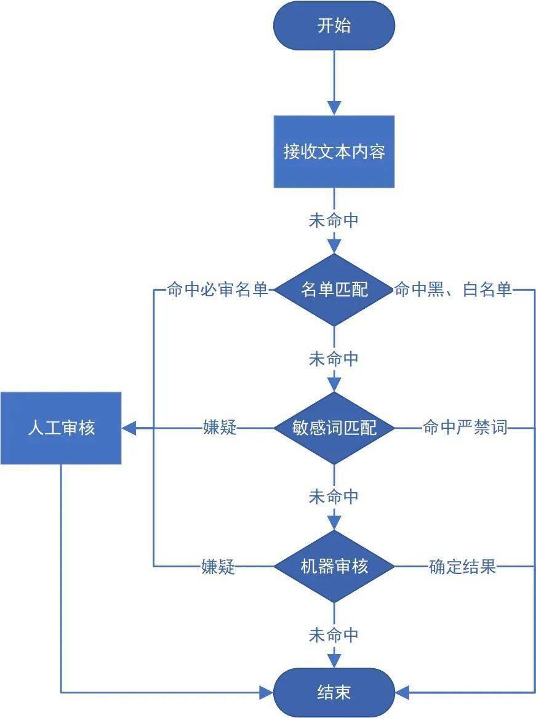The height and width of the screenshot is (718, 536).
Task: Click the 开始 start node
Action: tap(334, 26)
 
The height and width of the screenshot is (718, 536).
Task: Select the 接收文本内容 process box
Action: tap(334, 151)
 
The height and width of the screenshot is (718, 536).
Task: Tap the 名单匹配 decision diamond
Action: tap(334, 290)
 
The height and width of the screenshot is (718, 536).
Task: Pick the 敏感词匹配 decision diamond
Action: tap(334, 428)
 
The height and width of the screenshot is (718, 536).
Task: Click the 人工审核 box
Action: tap(61, 428)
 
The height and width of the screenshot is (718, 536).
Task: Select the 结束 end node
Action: tap(334, 692)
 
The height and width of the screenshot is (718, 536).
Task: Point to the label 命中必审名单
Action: tap(217, 290)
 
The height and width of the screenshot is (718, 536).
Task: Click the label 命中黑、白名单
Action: tap(453, 290)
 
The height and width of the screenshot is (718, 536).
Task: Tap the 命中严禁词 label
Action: tap(465, 428)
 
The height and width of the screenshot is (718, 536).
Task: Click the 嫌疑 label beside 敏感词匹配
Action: tap(220, 428)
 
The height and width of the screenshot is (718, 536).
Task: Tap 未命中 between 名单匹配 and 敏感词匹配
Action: tap(334, 359)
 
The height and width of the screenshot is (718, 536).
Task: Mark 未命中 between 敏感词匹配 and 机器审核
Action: tap(334, 497)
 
